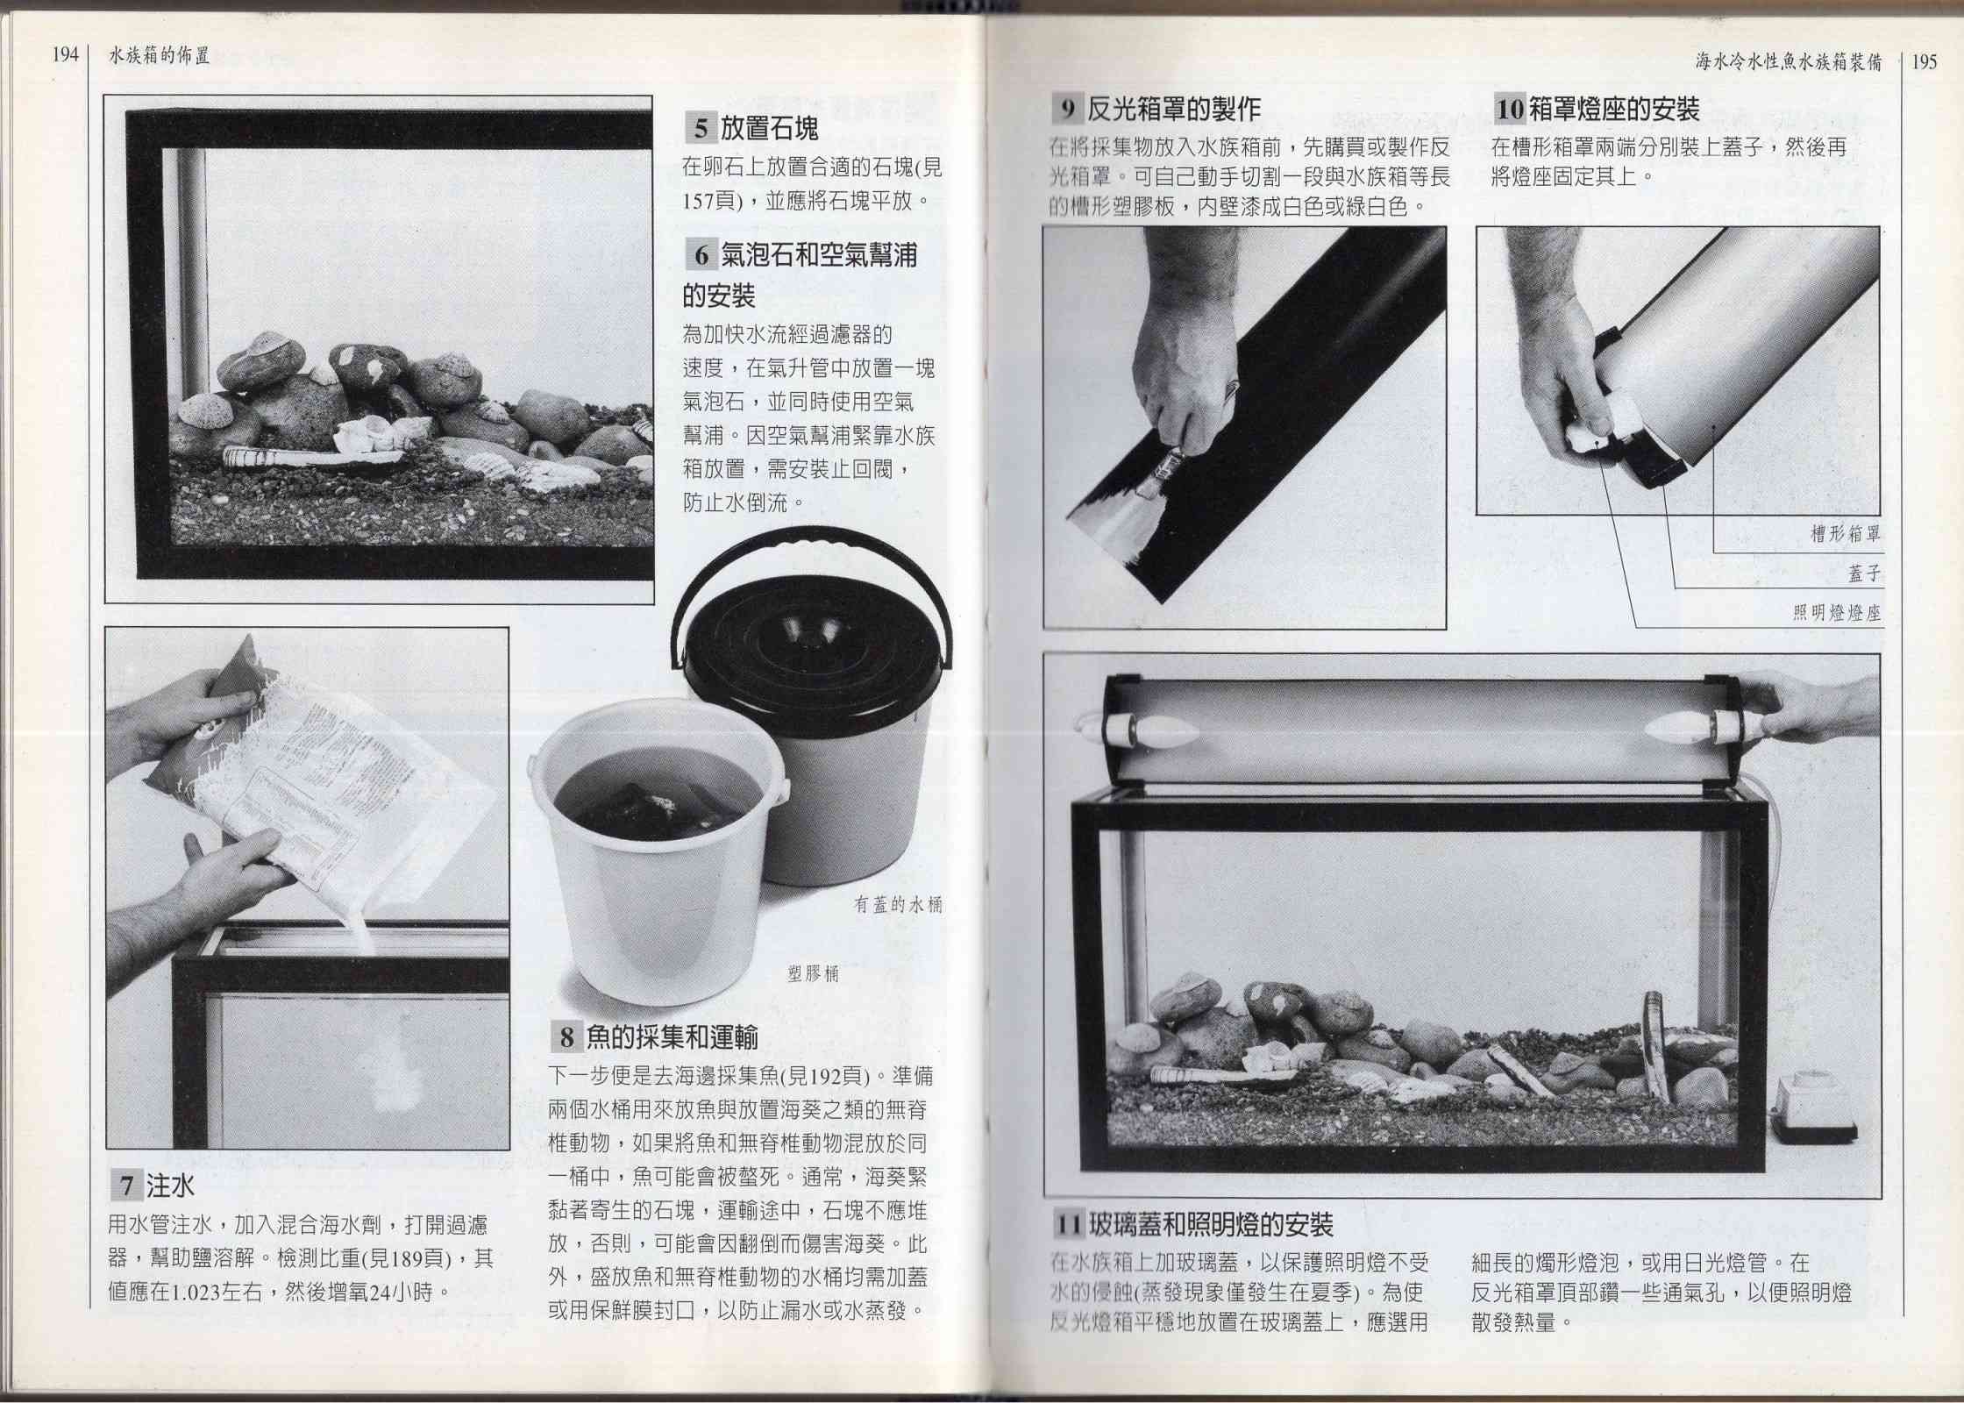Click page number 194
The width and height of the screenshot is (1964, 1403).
coord(65,55)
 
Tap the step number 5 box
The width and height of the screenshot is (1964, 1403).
coord(700,130)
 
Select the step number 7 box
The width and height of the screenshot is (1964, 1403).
coord(126,1187)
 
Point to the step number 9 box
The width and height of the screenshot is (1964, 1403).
coord(1067,109)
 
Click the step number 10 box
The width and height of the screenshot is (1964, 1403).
coord(1510,110)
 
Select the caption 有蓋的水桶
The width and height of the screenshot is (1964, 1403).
coord(898,905)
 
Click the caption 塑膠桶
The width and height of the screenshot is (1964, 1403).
coord(814,973)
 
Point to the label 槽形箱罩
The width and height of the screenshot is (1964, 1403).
coord(1846,534)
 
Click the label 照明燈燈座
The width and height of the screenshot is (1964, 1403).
coord(1837,613)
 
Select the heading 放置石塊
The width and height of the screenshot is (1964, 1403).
coord(769,130)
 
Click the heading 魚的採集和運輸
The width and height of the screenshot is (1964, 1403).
coord(671,1037)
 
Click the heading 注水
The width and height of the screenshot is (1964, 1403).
coord(170,1187)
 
